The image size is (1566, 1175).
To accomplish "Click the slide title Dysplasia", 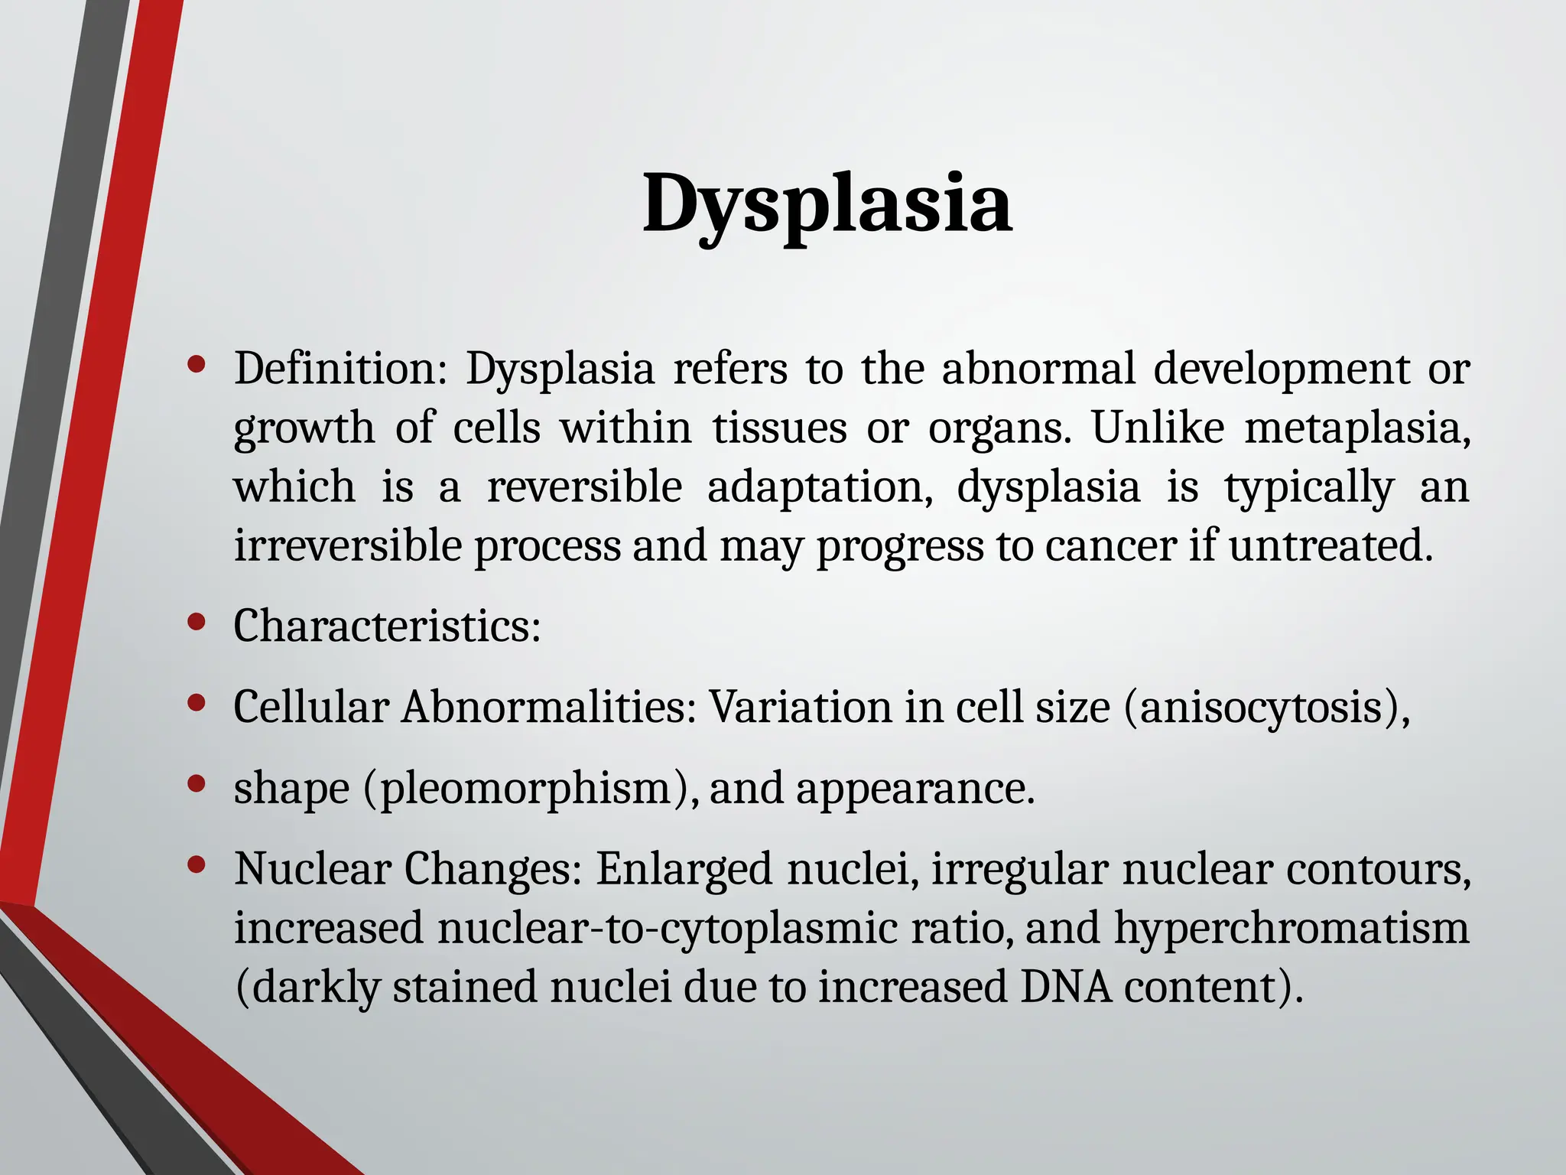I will (x=827, y=204).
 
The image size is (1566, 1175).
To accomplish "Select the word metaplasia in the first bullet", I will (x=1355, y=428).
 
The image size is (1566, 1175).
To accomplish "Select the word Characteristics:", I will (x=387, y=627).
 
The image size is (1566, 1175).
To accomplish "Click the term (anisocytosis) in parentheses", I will (x=1266, y=707).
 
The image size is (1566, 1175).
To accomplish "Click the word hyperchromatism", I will (x=1291, y=928).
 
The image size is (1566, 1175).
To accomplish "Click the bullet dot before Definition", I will (x=197, y=365).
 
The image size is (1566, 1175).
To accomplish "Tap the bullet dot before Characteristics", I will (x=197, y=622).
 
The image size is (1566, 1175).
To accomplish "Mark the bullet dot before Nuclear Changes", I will (x=197, y=864).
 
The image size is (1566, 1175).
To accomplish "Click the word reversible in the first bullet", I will (x=584, y=487).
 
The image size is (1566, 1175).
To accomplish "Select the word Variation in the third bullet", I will (x=800, y=707).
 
